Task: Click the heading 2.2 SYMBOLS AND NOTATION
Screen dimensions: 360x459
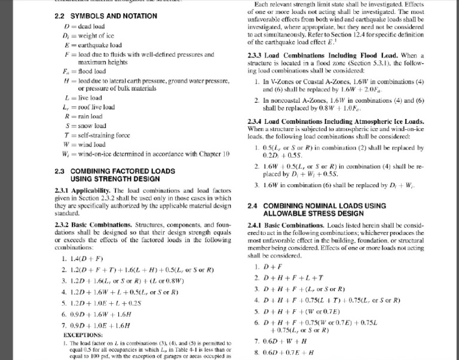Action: coord(102,16)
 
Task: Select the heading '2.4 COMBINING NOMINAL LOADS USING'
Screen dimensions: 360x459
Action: coord(316,206)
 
